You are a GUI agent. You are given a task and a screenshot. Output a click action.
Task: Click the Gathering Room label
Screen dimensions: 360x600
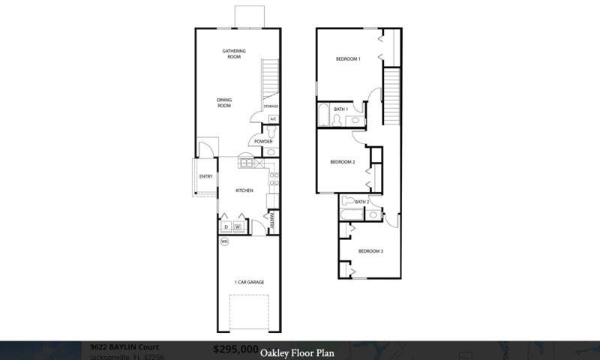coord(234,54)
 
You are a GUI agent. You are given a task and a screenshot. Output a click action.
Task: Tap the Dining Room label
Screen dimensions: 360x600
coord(224,103)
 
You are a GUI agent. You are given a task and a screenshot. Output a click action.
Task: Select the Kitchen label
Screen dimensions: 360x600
coord(244,190)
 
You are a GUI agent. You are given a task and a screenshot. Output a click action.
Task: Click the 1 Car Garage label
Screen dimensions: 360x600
coord(250,282)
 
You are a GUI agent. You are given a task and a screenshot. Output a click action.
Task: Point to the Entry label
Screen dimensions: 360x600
coord(206,177)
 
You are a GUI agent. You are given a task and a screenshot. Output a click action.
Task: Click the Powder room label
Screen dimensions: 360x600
coord(263,142)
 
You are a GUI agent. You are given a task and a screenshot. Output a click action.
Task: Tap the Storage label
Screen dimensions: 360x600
coord(271,107)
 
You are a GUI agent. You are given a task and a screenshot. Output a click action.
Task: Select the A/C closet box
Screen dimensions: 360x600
coord(273,119)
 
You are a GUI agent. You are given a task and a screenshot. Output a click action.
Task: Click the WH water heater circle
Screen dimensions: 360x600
coord(224,241)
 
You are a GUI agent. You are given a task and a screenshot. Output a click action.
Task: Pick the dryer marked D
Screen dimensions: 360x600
coord(226,226)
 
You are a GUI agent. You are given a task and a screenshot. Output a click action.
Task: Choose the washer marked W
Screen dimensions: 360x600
coord(238,226)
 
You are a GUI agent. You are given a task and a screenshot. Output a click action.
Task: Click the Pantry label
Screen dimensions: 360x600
coord(271,220)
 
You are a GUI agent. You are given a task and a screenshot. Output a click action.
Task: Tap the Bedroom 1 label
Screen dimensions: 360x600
coord(348,58)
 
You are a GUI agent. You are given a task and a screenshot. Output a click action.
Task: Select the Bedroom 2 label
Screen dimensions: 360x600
coord(343,162)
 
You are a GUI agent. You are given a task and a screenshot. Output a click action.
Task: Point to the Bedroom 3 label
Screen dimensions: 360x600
coord(370,250)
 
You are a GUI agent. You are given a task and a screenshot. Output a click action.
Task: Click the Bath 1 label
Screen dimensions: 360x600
coord(341,109)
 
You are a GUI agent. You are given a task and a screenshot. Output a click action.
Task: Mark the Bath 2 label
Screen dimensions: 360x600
coord(362,202)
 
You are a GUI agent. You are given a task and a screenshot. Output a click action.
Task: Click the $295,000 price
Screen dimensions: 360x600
coord(235,349)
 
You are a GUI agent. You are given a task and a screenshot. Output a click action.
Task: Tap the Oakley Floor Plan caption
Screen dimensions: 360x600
coord(298,351)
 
